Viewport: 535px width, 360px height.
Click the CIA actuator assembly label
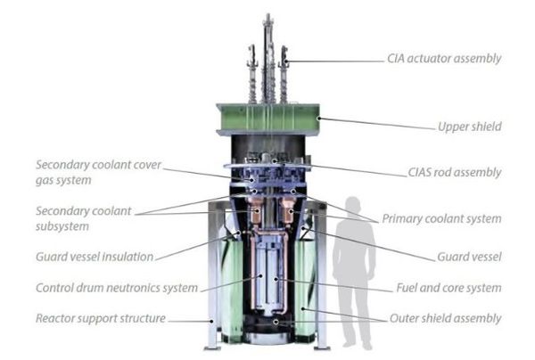click(x=444, y=59)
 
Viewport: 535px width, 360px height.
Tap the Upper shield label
click(x=470, y=127)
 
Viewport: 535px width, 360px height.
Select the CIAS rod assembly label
click(x=455, y=173)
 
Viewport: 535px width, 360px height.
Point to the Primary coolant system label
click(x=441, y=219)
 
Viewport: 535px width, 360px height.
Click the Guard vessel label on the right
click(x=469, y=257)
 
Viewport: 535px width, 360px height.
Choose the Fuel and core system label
click(x=449, y=288)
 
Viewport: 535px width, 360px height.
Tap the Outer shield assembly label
click(x=445, y=318)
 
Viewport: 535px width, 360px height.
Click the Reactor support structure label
click(x=101, y=318)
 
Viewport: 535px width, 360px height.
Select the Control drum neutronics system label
click(x=117, y=288)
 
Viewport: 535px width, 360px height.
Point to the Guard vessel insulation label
click(x=95, y=257)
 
